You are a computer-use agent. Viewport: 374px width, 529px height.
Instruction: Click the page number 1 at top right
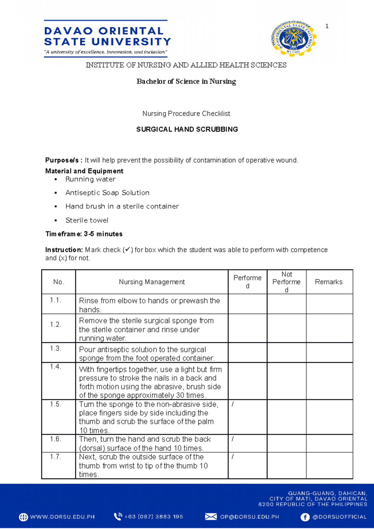tap(327, 26)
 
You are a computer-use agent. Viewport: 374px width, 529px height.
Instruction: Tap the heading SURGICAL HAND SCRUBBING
tap(187, 129)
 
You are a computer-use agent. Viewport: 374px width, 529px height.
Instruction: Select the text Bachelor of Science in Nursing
tap(186, 82)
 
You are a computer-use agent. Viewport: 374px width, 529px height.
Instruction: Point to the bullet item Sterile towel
tap(87, 220)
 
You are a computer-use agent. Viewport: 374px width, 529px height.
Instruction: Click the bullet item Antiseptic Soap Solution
tap(107, 193)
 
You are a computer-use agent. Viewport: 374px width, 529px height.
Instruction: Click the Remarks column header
tap(328, 282)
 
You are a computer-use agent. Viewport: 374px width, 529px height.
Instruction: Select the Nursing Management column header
tap(152, 282)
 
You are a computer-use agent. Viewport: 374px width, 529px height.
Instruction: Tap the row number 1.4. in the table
tap(55, 367)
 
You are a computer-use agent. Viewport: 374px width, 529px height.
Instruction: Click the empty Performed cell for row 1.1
tap(247, 304)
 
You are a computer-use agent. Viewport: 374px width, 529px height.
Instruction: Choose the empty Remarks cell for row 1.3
tap(329, 353)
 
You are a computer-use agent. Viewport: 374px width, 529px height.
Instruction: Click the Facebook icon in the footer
tap(305, 517)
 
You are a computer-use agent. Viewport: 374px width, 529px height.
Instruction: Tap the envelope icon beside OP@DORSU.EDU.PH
tap(211, 517)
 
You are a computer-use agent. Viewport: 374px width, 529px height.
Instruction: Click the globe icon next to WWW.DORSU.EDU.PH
tap(23, 517)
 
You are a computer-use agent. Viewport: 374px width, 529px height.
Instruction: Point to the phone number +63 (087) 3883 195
tap(154, 517)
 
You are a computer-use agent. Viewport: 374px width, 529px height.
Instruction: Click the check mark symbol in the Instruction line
tap(128, 250)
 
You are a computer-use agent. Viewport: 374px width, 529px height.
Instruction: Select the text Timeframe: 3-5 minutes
tap(84, 234)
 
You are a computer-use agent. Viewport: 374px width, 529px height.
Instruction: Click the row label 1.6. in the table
tap(55, 439)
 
